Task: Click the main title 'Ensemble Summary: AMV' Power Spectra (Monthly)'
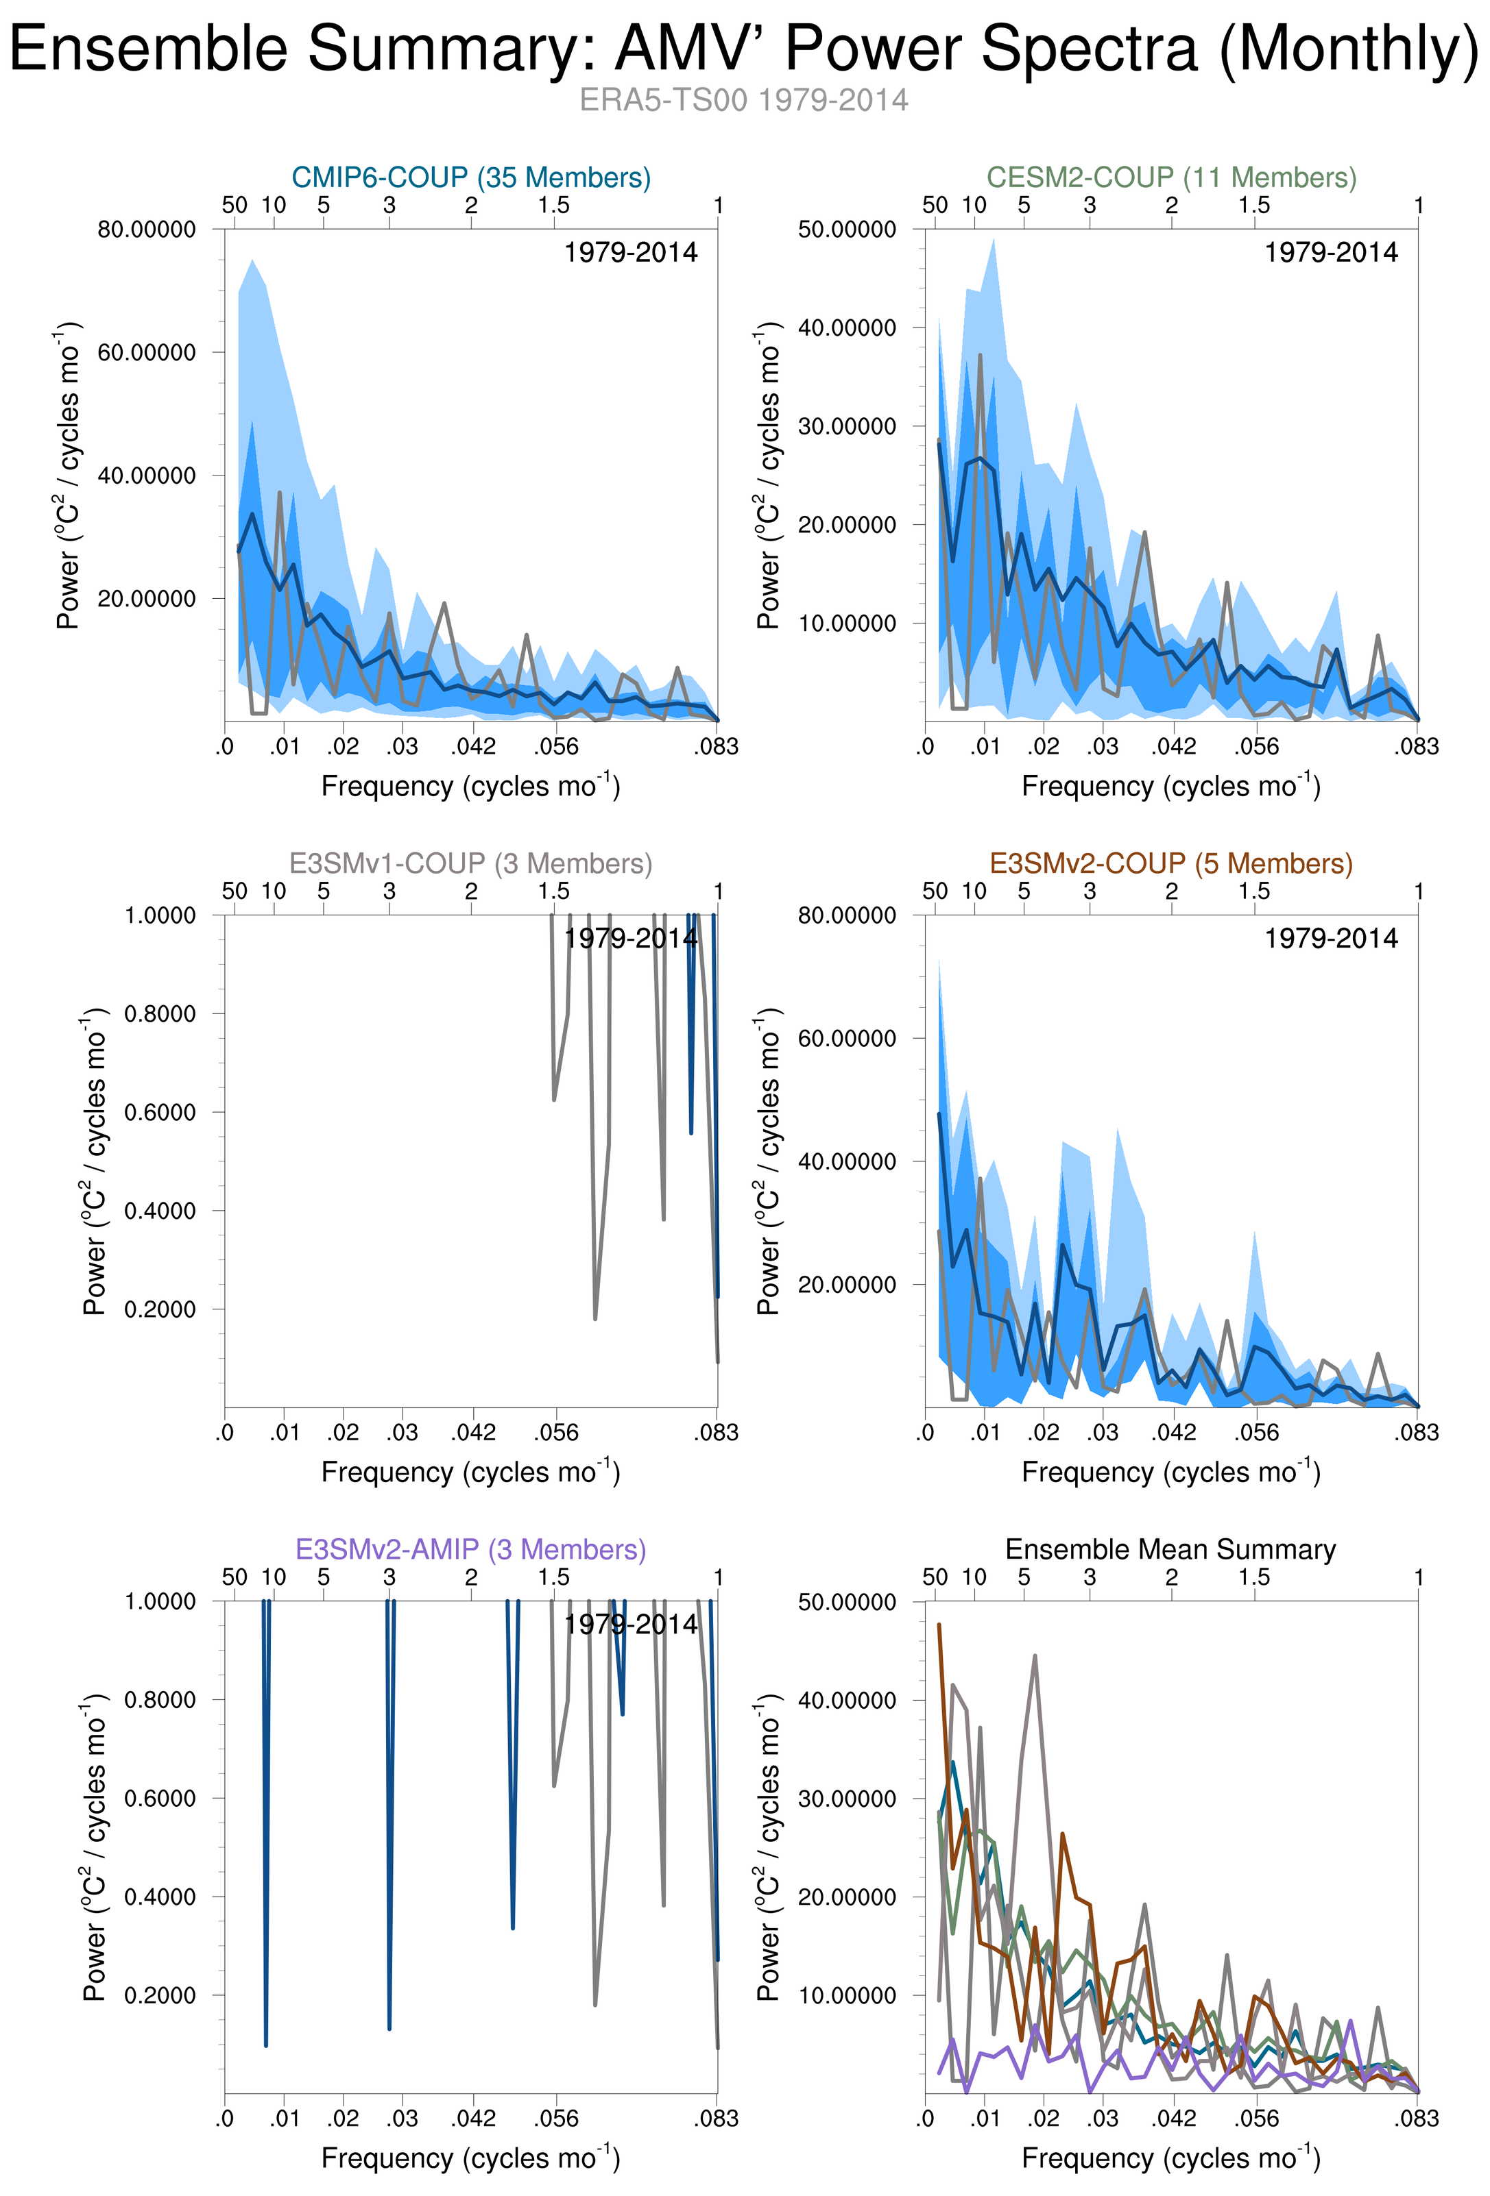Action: click(744, 49)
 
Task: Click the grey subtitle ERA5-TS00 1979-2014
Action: click(744, 100)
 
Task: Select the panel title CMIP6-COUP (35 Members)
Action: click(471, 177)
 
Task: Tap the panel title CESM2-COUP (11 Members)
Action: click(1171, 177)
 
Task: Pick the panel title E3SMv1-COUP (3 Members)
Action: click(471, 863)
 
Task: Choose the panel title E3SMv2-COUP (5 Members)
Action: click(1171, 863)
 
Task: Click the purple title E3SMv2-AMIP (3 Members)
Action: click(471, 1550)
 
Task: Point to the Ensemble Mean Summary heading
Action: click(1170, 1550)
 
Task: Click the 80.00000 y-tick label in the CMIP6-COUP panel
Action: click(147, 230)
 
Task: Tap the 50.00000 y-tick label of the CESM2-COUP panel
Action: click(847, 230)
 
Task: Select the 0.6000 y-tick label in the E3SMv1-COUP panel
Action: click(160, 1112)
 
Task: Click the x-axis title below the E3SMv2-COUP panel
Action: click(1171, 1472)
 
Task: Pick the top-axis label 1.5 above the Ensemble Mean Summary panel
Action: click(1255, 1577)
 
